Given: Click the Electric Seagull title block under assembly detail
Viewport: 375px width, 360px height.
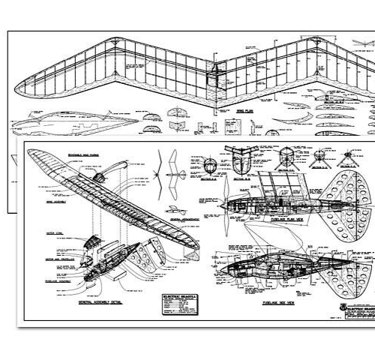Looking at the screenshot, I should (x=175, y=304).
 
